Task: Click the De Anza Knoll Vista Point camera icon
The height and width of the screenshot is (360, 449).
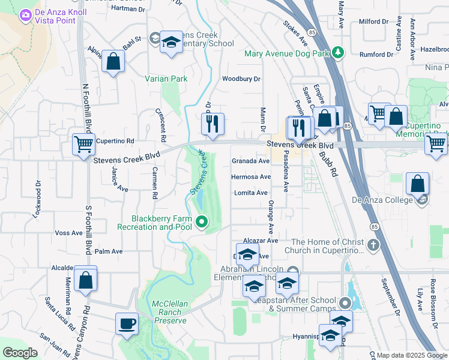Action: pyautogui.click(x=26, y=16)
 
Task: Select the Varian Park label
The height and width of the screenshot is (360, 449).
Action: pyautogui.click(x=166, y=79)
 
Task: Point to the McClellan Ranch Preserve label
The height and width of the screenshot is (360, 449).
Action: pyautogui.click(x=170, y=312)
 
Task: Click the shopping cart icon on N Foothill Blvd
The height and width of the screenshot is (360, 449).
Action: pyautogui.click(x=83, y=144)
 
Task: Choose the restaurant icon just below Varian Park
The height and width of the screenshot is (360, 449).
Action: pyautogui.click(x=212, y=124)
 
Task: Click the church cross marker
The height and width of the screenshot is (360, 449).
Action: pyautogui.click(x=373, y=245)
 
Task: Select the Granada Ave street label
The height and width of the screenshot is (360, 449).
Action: pyautogui.click(x=251, y=161)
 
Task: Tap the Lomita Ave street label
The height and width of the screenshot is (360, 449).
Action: pyautogui.click(x=251, y=193)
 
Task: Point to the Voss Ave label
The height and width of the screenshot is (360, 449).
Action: pyautogui.click(x=68, y=233)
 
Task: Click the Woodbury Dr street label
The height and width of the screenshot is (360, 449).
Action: pyautogui.click(x=241, y=79)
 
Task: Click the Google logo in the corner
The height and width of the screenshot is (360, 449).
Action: pyautogui.click(x=20, y=353)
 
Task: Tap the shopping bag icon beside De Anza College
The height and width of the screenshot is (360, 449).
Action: pyautogui.click(x=417, y=184)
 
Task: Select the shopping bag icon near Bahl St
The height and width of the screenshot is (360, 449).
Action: pyautogui.click(x=113, y=61)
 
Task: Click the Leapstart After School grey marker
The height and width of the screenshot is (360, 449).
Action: pyautogui.click(x=345, y=302)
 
